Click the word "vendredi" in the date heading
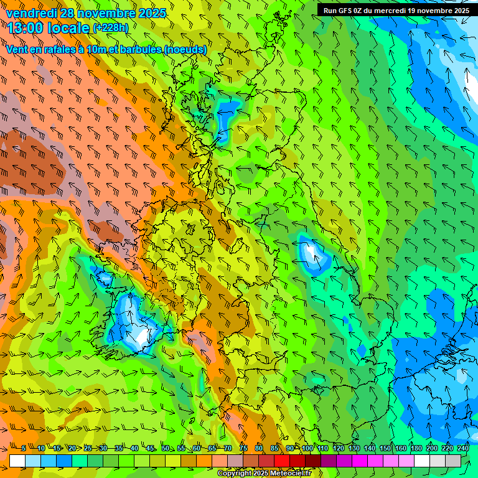pyautogui.click(x=32, y=12)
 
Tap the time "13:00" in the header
pyautogui.click(x=26, y=28)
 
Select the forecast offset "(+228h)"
pyautogui.click(x=110, y=28)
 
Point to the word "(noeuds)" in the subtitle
pyautogui.click(x=186, y=50)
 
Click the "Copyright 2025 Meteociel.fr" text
pyautogui.click(x=264, y=474)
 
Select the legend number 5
pyautogui.click(x=23, y=449)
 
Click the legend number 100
pyautogui.click(x=307, y=449)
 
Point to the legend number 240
pyautogui.click(x=463, y=449)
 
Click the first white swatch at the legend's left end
pyautogui.click(x=17, y=461)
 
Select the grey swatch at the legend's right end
pyautogui.click(x=453, y=461)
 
